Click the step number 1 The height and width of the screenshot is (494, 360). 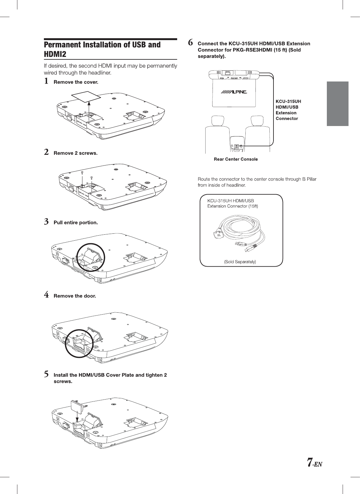click(x=46, y=81)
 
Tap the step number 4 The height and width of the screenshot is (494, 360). click(x=46, y=295)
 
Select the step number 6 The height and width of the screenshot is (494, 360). click(x=190, y=42)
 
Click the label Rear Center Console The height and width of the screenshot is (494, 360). click(x=236, y=159)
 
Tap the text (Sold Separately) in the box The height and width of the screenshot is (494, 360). click(x=240, y=262)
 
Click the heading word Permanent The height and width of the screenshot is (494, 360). click(x=62, y=45)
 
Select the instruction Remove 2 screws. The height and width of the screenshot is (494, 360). click(x=75, y=153)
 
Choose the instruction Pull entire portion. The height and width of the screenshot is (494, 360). click(x=76, y=223)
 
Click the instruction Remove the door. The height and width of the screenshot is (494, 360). click(x=75, y=296)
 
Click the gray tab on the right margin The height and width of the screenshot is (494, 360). click(x=337, y=104)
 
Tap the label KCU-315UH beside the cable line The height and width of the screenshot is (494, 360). click(x=288, y=101)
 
